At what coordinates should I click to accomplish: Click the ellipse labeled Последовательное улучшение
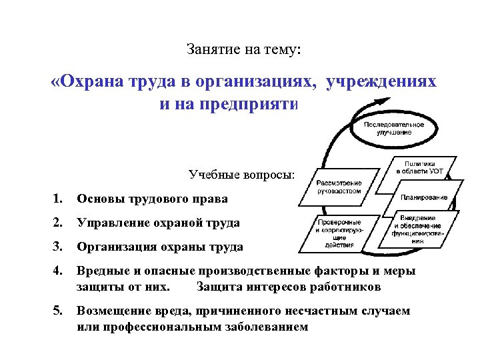(x=387, y=128)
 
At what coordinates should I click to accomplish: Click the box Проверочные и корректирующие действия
(x=339, y=230)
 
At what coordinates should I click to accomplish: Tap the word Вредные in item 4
(x=101, y=271)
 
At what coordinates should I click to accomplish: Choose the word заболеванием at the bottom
(x=267, y=327)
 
